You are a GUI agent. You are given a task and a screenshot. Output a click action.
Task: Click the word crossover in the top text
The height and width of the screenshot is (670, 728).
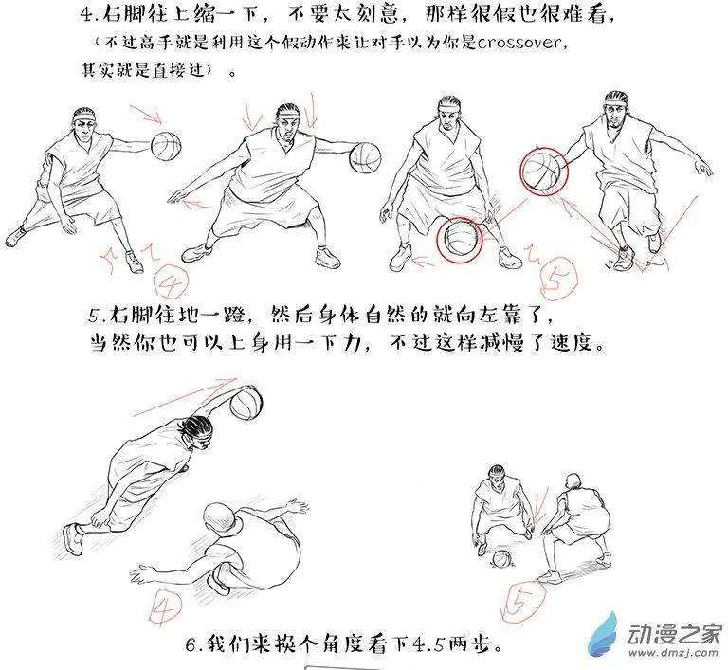(519, 43)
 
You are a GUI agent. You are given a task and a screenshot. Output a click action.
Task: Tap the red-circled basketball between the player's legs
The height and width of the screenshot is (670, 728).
(459, 239)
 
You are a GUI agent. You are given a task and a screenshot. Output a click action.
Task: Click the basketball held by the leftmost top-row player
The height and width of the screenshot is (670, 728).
(166, 146)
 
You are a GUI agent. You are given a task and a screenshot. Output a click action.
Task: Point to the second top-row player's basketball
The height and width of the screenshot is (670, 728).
(365, 158)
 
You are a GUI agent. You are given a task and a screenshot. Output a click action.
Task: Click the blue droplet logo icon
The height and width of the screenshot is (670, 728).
(604, 635)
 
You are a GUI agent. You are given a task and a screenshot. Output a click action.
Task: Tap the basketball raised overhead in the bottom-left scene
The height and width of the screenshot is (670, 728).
(246, 403)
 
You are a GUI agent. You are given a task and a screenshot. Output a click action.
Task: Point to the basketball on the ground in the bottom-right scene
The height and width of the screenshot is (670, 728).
(500, 558)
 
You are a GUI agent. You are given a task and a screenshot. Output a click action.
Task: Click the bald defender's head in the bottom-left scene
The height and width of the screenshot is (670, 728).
(222, 521)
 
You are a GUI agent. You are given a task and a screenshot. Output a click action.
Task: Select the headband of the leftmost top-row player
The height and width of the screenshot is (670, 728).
(84, 117)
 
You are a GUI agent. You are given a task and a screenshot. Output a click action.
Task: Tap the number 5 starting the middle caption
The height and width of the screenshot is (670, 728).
(94, 316)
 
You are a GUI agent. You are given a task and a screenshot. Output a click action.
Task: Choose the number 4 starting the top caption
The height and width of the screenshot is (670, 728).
(87, 14)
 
